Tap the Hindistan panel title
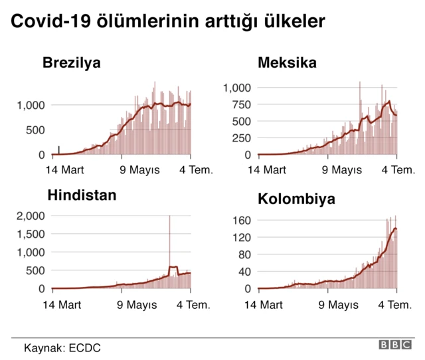(82, 195)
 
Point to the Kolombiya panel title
(296, 199)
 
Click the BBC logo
(396, 345)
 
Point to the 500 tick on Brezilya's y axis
(36, 130)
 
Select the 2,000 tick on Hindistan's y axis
(31, 216)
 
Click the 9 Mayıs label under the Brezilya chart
(139, 170)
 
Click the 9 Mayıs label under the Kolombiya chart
(342, 305)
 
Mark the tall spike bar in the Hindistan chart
(169, 246)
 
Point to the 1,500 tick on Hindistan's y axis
(31, 234)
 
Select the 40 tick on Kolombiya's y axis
(246, 272)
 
